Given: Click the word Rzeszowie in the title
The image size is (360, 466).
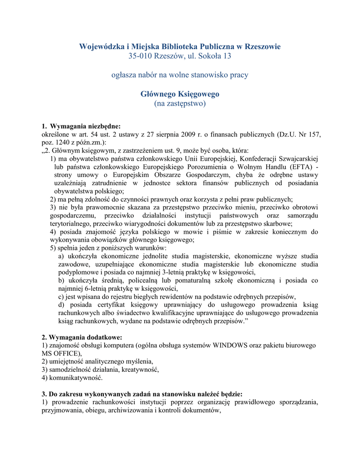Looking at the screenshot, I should click(263, 46).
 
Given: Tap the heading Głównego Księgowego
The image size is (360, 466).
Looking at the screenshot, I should click(180, 94).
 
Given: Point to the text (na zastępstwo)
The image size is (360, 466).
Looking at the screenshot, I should click(180, 104).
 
